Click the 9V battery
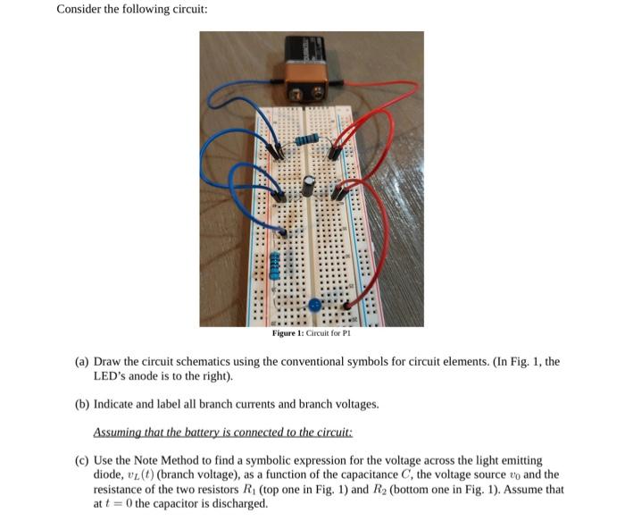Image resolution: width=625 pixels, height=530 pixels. click(309, 66)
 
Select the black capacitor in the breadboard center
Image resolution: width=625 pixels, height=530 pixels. click(307, 185)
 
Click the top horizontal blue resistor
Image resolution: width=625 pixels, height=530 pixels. click(307, 140)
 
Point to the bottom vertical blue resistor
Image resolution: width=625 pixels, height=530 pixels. click(276, 264)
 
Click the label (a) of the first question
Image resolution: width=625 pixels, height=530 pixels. click(81, 362)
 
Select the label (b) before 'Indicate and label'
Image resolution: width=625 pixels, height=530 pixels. click(81, 404)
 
